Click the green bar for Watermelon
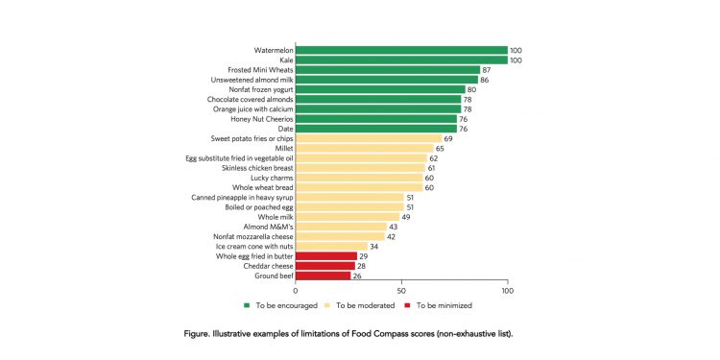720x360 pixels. pyautogui.click(x=401, y=50)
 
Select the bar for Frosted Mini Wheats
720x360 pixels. pyautogui.click(x=388, y=70)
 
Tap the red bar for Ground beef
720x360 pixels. pyautogui.click(x=323, y=276)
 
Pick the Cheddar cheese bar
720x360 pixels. pyautogui.click(x=324, y=266)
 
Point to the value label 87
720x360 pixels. pyautogui.click(x=488, y=70)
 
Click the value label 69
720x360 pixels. pyautogui.click(x=449, y=138)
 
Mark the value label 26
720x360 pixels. pyautogui.click(x=358, y=276)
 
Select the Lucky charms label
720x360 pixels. pyautogui.click(x=265, y=178)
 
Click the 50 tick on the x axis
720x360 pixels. pyautogui.click(x=401, y=290)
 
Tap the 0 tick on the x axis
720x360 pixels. pyautogui.click(x=296, y=290)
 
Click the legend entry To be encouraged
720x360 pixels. pyautogui.click(x=282, y=305)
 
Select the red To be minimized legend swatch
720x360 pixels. pyautogui.click(x=408, y=305)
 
